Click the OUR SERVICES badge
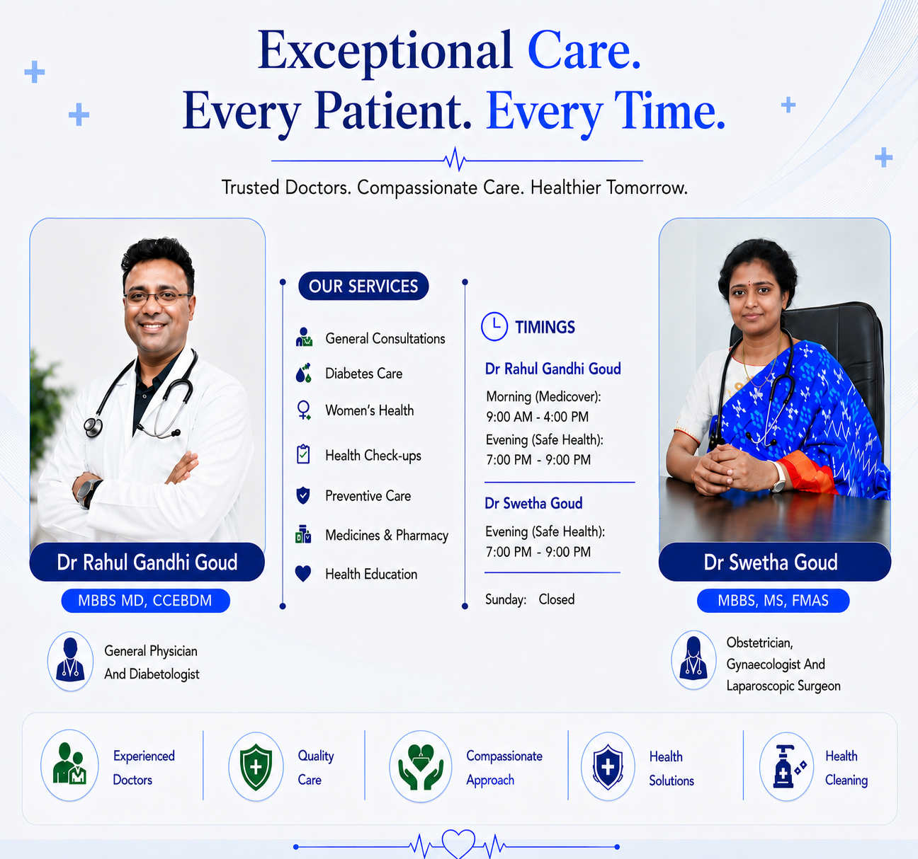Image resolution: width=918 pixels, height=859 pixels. (x=363, y=286)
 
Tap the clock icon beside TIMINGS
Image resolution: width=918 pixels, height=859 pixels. (x=494, y=326)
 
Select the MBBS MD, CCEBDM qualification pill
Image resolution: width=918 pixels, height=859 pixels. (x=146, y=600)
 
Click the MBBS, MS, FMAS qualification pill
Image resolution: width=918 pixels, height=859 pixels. (x=773, y=600)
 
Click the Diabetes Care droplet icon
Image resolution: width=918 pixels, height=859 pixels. (x=304, y=373)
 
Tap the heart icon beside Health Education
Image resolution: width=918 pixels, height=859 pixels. (x=303, y=574)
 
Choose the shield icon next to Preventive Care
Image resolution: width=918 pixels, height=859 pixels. (x=302, y=495)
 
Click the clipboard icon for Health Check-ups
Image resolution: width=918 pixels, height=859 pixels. (x=303, y=454)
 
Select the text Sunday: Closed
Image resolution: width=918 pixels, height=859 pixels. (x=530, y=599)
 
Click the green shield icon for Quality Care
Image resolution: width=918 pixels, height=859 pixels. (x=256, y=767)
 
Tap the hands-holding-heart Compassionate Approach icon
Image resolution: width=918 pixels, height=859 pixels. (x=420, y=766)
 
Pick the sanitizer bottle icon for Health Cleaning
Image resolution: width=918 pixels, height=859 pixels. (x=789, y=766)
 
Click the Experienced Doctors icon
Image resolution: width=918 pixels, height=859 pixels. (x=69, y=764)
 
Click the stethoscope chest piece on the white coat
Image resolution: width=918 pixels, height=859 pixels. (x=93, y=427)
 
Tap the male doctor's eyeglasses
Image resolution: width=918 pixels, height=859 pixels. (x=158, y=298)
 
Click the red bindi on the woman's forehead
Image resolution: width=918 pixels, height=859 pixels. (x=749, y=282)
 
